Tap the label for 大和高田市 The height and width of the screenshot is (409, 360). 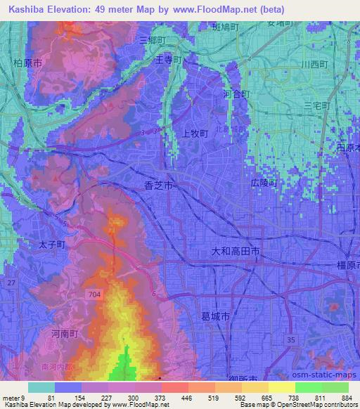click(236, 250)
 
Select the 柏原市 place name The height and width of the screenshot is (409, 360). click(28, 63)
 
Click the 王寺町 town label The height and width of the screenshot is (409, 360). click(169, 60)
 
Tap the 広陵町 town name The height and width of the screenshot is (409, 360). click(265, 183)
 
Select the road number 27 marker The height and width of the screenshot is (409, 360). click(11, 282)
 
